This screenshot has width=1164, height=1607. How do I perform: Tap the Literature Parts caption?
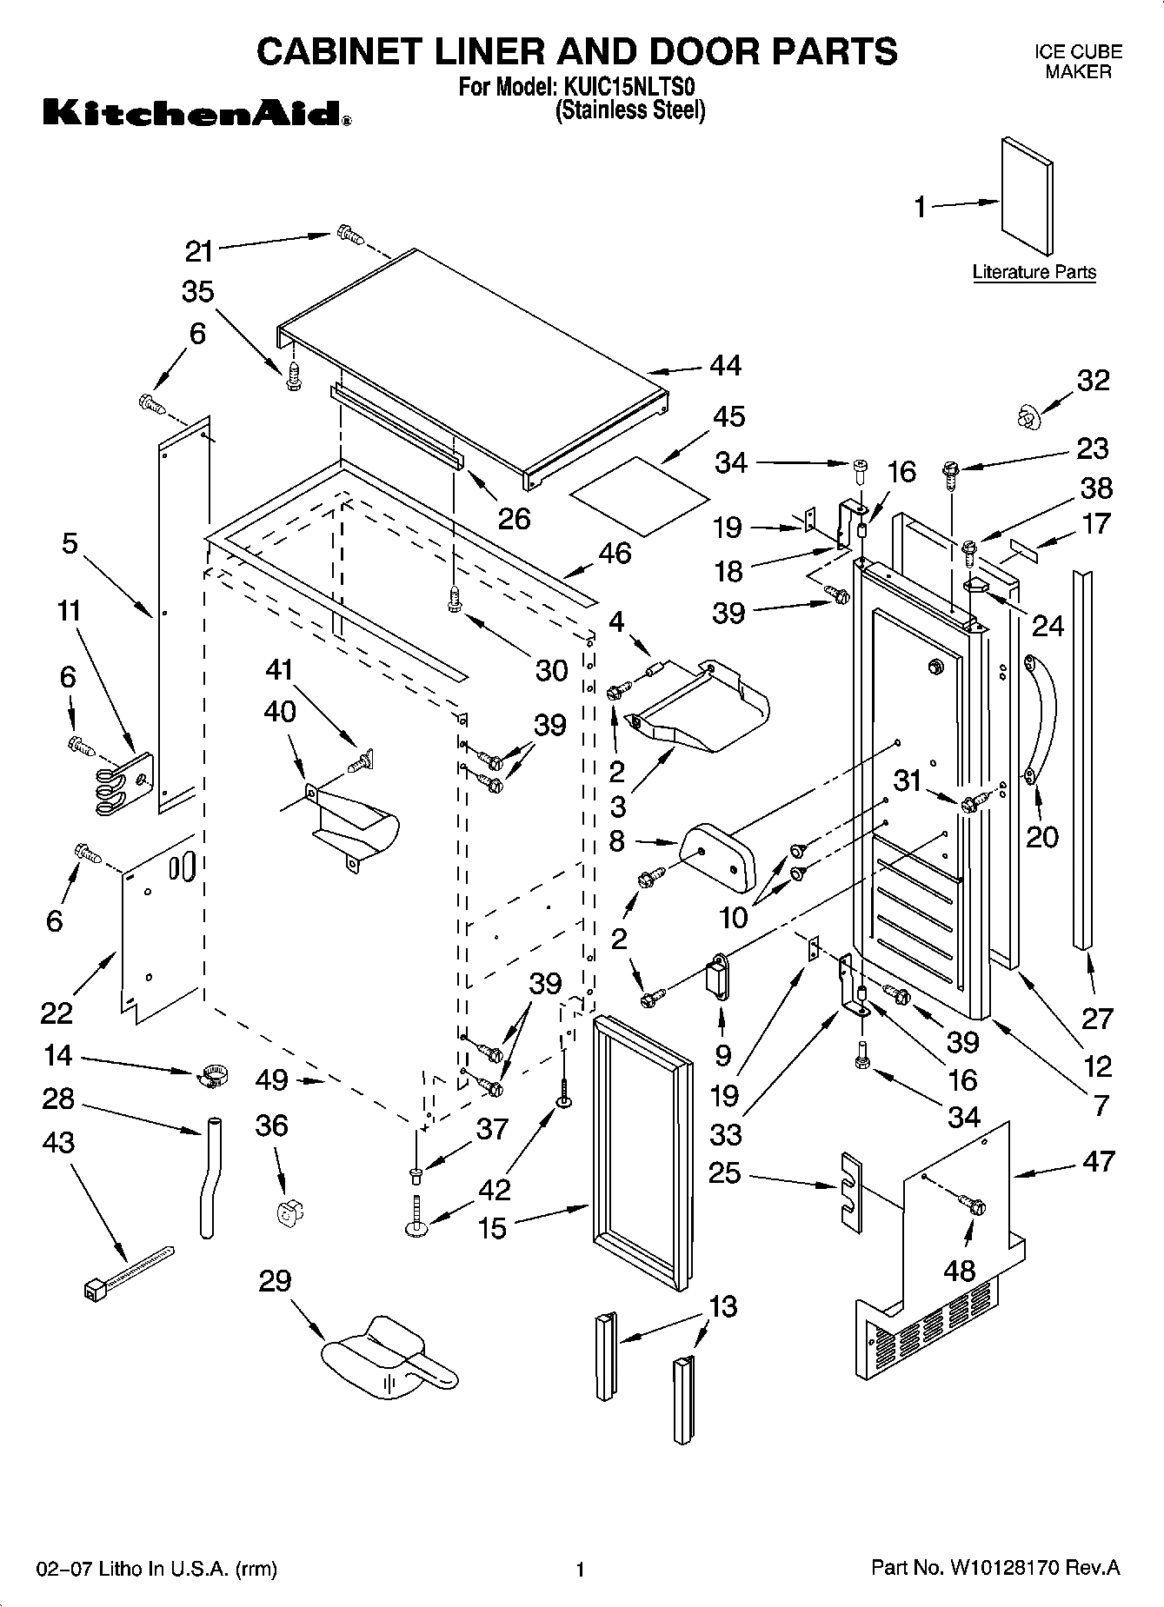tap(1034, 272)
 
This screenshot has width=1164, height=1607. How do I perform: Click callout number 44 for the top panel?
tap(725, 366)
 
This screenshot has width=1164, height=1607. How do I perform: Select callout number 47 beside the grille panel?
tap(1099, 1161)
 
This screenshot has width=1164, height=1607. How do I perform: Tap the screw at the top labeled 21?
tap(348, 234)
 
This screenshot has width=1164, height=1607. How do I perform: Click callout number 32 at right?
tap(1094, 381)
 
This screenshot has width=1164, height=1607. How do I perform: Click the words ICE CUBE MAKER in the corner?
tap(1078, 62)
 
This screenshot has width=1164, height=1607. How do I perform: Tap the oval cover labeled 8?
tap(718, 857)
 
